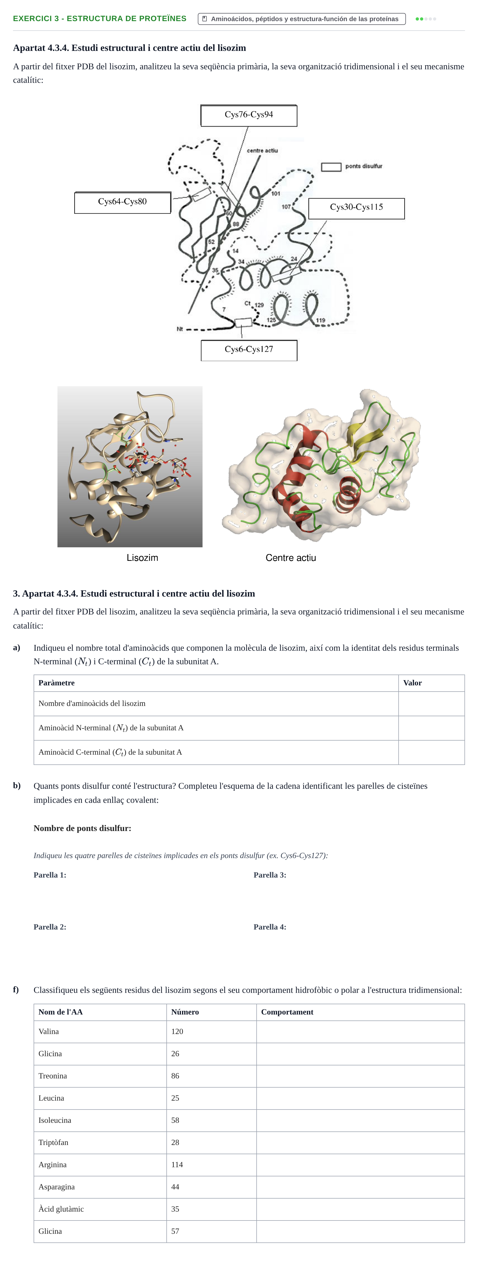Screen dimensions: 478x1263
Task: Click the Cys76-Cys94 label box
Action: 249,115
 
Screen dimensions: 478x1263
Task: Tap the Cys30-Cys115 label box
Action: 356,208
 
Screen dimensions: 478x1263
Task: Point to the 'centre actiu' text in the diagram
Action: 262,150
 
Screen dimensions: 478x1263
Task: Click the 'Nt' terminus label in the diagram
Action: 180,329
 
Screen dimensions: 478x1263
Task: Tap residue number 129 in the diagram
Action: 259,305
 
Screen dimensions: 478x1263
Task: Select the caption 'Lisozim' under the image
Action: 142,558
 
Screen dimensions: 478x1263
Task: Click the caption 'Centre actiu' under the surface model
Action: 290,558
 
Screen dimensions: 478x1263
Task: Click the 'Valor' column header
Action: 412,683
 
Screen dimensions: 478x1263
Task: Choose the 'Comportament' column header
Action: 287,1012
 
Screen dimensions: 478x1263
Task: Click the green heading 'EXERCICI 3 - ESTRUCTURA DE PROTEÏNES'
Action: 100,19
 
